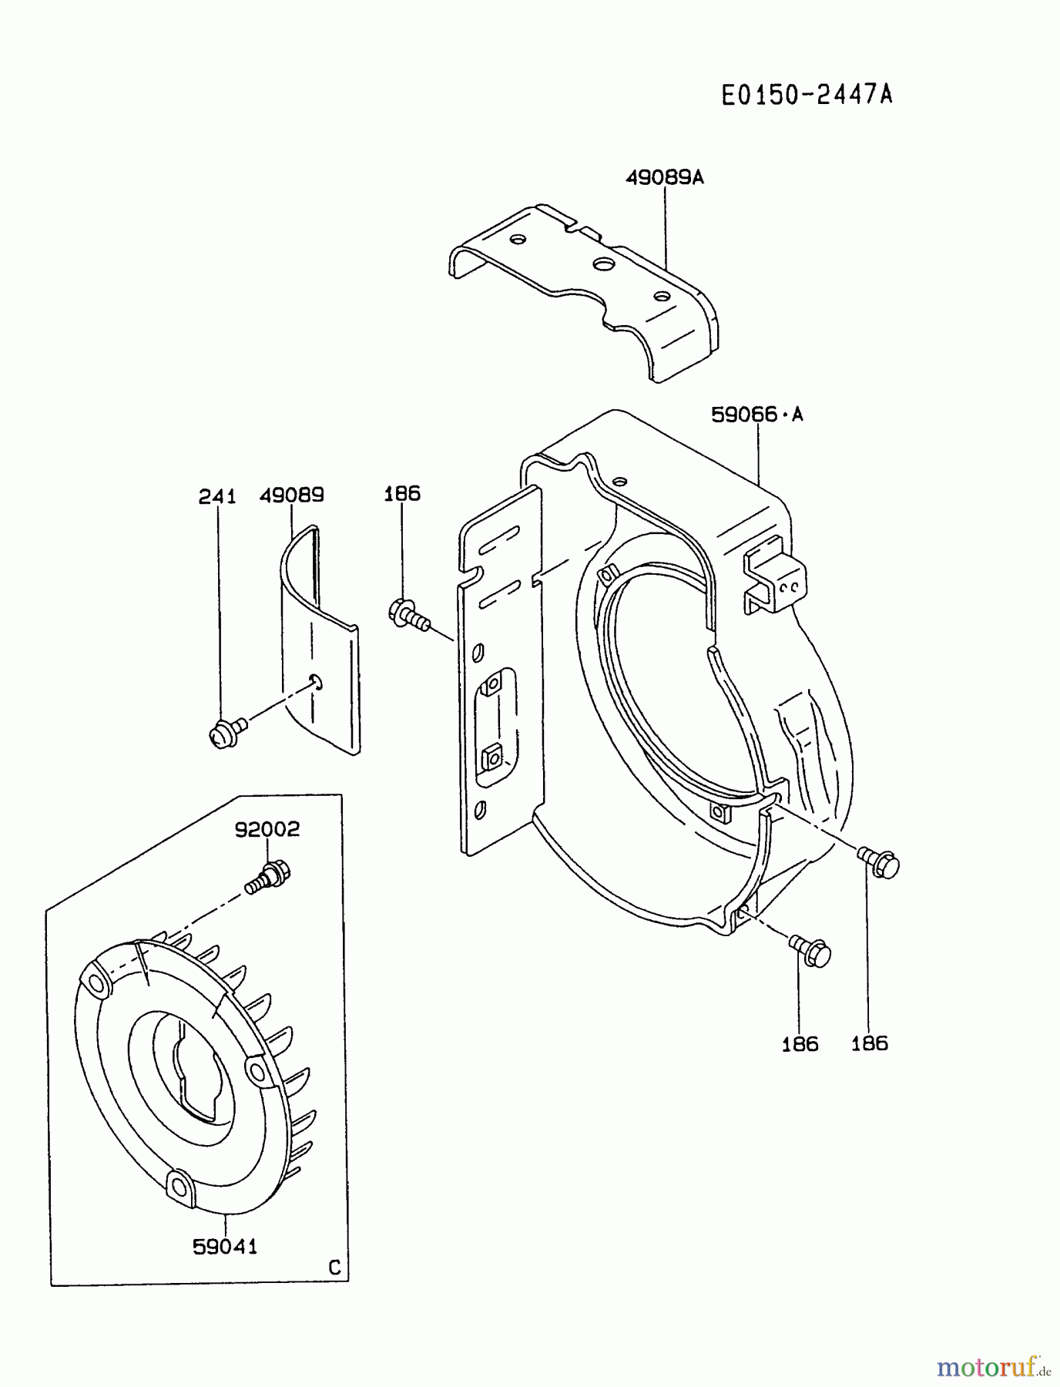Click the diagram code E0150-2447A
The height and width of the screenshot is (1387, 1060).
tap(807, 95)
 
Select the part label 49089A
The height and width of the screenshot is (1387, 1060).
tap(665, 177)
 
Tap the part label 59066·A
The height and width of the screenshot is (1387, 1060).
tap(756, 415)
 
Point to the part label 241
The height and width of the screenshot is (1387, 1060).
tap(217, 497)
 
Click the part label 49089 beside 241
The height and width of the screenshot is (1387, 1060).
tap(291, 495)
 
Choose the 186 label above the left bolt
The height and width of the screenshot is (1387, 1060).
tap(402, 493)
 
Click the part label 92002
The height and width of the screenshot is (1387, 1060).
tap(267, 829)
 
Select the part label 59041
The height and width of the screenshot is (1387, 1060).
tap(225, 1246)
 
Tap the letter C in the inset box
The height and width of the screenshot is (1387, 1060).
tap(334, 1268)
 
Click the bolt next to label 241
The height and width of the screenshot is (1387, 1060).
tap(226, 732)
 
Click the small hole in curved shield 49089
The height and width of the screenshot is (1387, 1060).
tap(317, 680)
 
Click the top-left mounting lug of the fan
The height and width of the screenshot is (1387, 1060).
tap(98, 982)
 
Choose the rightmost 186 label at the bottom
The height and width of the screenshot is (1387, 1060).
tap(869, 1043)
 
